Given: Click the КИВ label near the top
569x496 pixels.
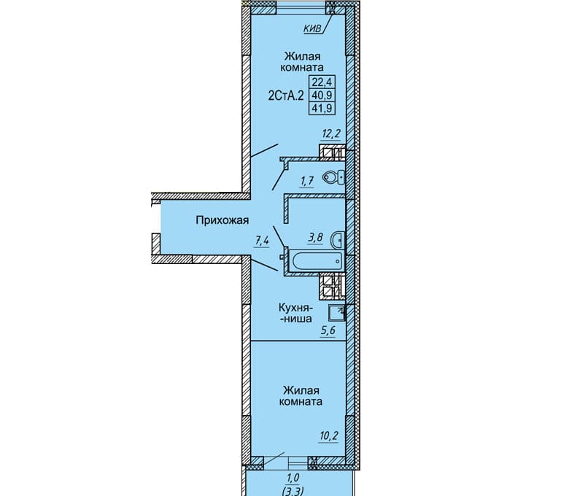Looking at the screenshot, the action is pyautogui.click(x=312, y=29).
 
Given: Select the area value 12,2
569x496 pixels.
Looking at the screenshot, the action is pyautogui.click(x=331, y=134).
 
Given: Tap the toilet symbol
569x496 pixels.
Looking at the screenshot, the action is pyautogui.click(x=333, y=177).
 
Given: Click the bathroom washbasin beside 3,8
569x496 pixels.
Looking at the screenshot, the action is pyautogui.click(x=337, y=239).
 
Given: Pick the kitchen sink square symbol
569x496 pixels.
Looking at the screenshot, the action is pyautogui.click(x=336, y=313).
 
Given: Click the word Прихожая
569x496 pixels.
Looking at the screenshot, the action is pyautogui.click(x=222, y=220).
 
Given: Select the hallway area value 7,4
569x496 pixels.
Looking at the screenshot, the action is pyautogui.click(x=263, y=241).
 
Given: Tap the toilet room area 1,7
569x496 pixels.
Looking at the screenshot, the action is pyautogui.click(x=306, y=180).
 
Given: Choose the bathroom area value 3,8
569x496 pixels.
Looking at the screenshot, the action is pyautogui.click(x=315, y=238).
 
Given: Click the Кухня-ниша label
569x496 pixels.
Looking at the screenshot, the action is pyautogui.click(x=295, y=313).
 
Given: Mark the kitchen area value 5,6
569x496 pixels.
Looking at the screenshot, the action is pyautogui.click(x=328, y=330).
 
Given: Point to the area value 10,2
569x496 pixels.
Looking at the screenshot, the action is pyautogui.click(x=328, y=435).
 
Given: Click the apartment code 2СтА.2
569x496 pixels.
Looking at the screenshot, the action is pyautogui.click(x=285, y=96).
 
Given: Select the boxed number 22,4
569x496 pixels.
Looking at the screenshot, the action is pyautogui.click(x=322, y=82).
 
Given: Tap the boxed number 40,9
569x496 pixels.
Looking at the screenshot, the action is pyautogui.click(x=322, y=95).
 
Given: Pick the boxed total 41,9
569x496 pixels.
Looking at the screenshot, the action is pyautogui.click(x=322, y=108).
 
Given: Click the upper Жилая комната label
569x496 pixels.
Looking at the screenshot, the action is pyautogui.click(x=302, y=62).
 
